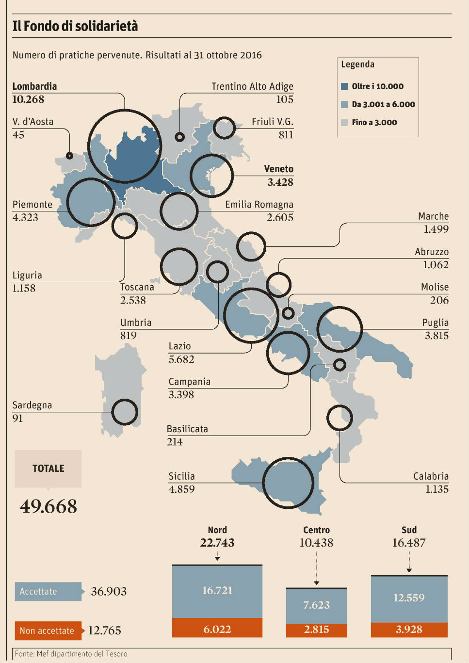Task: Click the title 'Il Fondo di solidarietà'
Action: pyautogui.click(x=75, y=26)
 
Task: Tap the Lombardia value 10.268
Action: pyautogui.click(x=28, y=99)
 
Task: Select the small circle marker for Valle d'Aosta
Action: pyautogui.click(x=69, y=156)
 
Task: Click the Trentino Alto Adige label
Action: pyautogui.click(x=252, y=86)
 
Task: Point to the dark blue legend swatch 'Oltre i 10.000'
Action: pyautogui.click(x=344, y=86)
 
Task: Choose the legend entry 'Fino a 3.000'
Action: pyautogui.click(x=374, y=122)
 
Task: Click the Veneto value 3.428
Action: pyautogui.click(x=280, y=182)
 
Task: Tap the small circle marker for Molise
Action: pyautogui.click(x=288, y=313)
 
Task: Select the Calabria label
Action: pyautogui.click(x=431, y=476)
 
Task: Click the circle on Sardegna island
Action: pyautogui.click(x=125, y=412)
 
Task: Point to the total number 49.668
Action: pyautogui.click(x=49, y=507)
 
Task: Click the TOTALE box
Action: pyautogui.click(x=48, y=469)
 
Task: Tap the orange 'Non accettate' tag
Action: pyautogui.click(x=48, y=631)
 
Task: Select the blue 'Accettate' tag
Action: pyautogui.click(x=48, y=592)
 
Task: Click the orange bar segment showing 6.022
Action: pyautogui.click(x=217, y=629)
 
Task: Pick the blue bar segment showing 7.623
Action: pyautogui.click(x=316, y=605)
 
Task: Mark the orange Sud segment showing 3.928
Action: pyautogui.click(x=409, y=630)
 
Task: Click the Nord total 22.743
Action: pyautogui.click(x=217, y=543)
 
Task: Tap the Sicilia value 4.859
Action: pyautogui.click(x=182, y=489)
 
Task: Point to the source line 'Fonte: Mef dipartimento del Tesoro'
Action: pyautogui.click(x=71, y=654)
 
